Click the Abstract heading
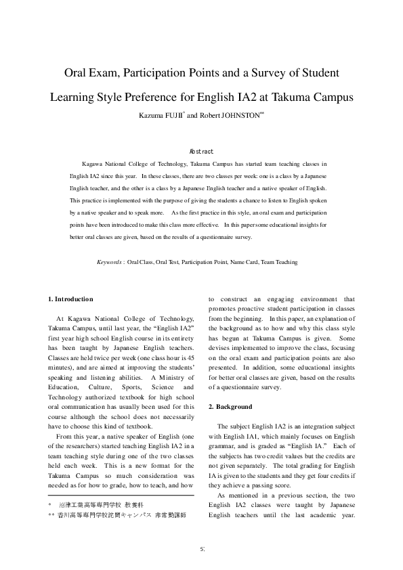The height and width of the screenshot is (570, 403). [201, 152]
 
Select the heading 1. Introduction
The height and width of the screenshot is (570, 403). [71, 299]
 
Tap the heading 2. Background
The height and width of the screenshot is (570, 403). [230, 407]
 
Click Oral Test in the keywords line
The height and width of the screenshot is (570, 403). [169, 261]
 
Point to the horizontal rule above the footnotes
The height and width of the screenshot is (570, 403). [121, 496]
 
